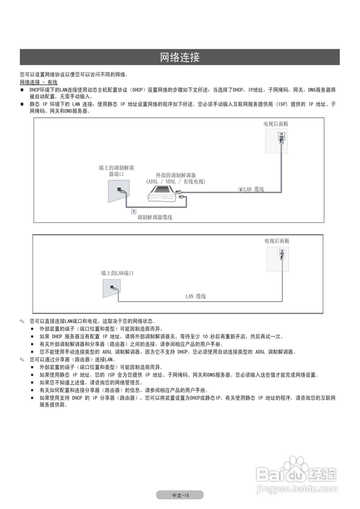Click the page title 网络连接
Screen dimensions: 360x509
pos(180,57)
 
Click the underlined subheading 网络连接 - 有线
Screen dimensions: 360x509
pos(39,82)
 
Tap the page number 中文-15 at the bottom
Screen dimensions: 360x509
pos(180,495)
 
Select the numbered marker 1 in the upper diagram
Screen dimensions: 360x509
pos(134,211)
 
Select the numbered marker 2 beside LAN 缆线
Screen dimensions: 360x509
pos(241,190)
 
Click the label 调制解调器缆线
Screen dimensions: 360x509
pos(155,218)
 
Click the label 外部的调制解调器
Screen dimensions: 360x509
pos(176,175)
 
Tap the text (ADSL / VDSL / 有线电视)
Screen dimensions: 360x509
pos(176,182)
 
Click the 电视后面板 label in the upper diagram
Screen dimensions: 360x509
pos(276,124)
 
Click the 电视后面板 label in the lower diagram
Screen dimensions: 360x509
pos(277,241)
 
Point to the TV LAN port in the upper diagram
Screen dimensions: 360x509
pos(281,136)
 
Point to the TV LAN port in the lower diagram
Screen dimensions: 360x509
pos(282,253)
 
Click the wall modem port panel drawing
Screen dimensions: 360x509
pos(118,191)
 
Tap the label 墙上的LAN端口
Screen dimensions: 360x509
pos(117,274)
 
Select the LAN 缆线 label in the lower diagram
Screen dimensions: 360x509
pos(196,296)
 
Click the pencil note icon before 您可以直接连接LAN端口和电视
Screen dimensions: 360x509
pos(23,321)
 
